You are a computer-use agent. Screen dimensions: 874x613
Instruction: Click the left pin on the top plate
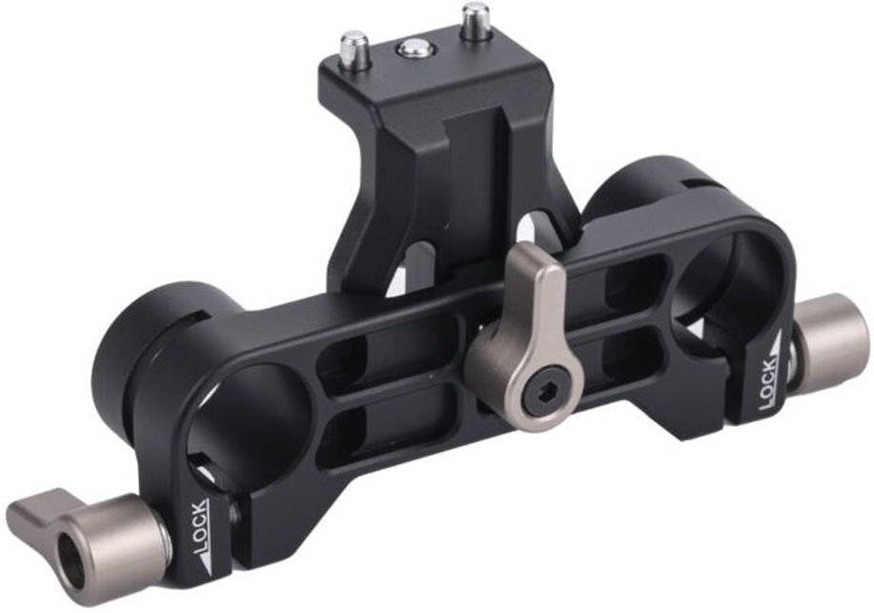(356, 51)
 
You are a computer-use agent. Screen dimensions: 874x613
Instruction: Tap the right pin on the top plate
(475, 21)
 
